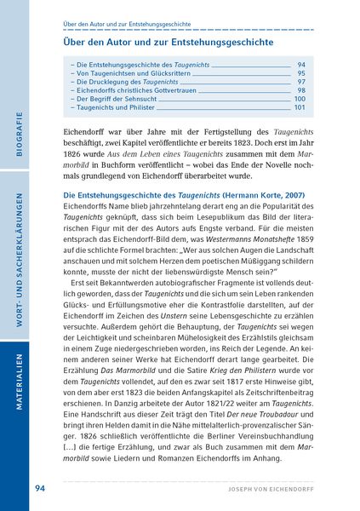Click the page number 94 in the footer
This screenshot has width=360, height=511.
(x=40, y=488)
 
